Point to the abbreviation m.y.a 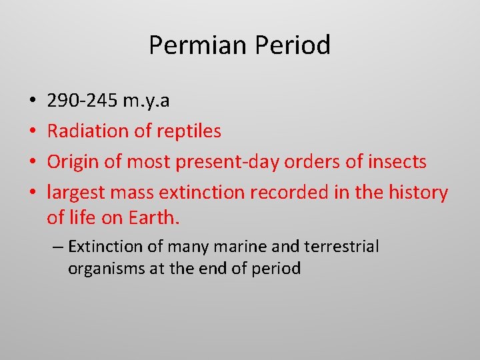(x=146, y=101)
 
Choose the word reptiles (x=189, y=131)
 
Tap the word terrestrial (x=341, y=247)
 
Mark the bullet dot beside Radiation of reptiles (x=33, y=131)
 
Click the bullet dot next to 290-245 (x=33, y=101)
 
